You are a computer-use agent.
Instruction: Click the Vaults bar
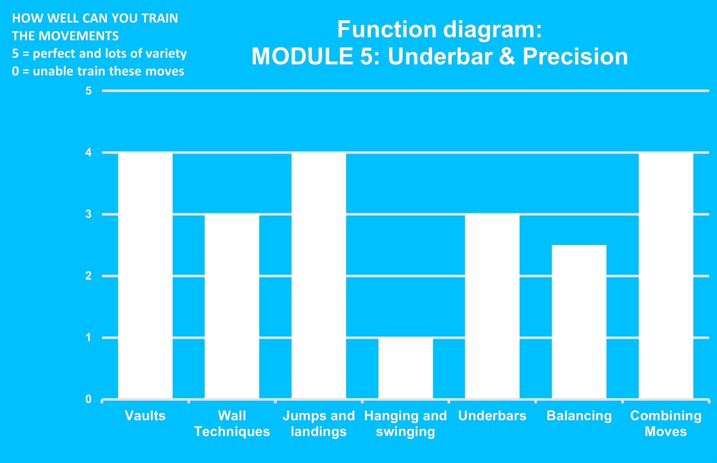[x=145, y=276]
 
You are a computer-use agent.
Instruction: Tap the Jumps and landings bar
[x=319, y=276]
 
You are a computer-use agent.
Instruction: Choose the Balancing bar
[x=579, y=322]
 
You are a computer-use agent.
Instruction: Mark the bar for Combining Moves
[x=666, y=276]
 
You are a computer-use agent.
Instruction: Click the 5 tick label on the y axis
[x=88, y=91]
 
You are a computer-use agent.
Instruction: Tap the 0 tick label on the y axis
[x=88, y=399]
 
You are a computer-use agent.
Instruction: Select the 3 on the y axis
[x=88, y=214]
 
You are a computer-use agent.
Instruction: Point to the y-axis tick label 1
[x=88, y=337]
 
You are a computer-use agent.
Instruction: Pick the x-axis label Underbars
[x=492, y=416]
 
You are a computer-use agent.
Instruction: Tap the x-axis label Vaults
[x=145, y=416]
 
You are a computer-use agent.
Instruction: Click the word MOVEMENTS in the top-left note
[x=79, y=36]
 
